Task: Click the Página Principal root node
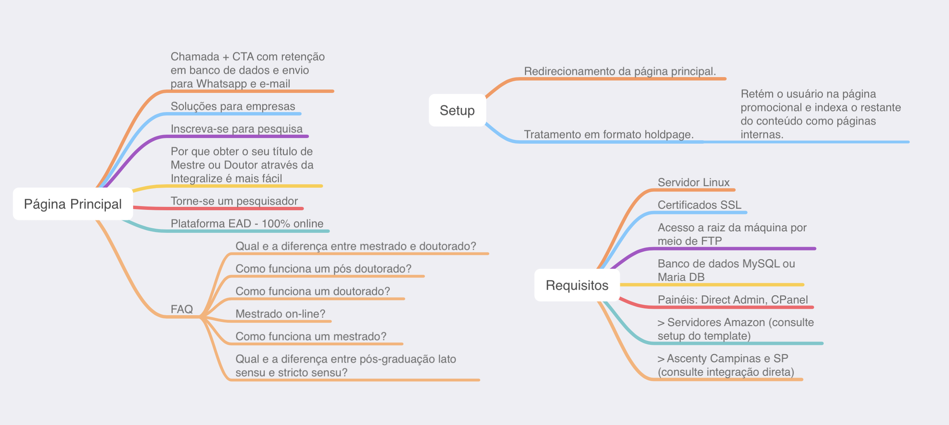point(73,204)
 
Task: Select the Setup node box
point(457,110)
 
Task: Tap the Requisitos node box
point(577,285)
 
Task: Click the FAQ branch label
point(182,309)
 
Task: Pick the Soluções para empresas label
point(233,106)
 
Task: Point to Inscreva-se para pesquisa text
point(237,129)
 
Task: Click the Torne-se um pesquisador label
point(234,201)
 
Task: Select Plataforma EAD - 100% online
point(247,224)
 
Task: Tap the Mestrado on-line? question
point(280,314)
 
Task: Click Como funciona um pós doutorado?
point(324,269)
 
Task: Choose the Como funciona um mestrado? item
point(311,337)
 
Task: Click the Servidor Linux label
point(693,182)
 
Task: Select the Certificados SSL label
point(700,205)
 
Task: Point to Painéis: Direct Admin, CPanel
point(733,300)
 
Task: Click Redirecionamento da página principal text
point(620,71)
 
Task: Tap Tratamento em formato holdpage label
point(609,135)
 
